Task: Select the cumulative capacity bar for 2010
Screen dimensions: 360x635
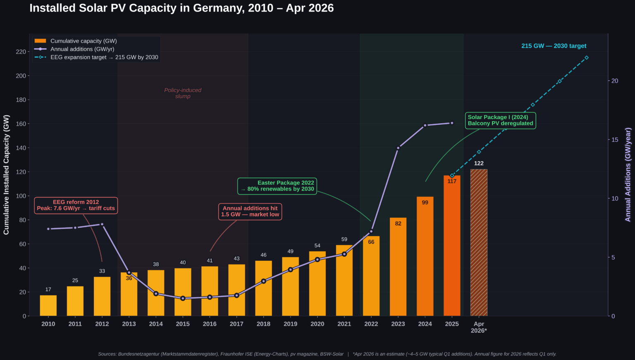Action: pos(48,305)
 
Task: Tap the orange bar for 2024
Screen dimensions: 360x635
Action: pos(425,256)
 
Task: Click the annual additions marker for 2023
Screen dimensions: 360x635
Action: pos(398,148)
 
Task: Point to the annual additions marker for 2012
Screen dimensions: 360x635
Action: pos(102,224)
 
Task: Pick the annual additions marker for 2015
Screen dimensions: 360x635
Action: pos(183,298)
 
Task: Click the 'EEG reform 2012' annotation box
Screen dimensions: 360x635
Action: pos(76,205)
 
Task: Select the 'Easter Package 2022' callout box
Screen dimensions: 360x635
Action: pos(277,186)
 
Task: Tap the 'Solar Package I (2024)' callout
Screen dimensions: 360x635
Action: pos(500,120)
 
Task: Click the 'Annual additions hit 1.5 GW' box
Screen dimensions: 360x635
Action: pos(250,212)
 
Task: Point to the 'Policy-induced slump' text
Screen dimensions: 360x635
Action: pos(183,93)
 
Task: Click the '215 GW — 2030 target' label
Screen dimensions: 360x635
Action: pos(554,46)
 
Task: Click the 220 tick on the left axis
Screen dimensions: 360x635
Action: pos(21,52)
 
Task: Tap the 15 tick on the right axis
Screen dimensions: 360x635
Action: pos(615,140)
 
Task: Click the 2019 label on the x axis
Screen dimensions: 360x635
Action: pos(290,324)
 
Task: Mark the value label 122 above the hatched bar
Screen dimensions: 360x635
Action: pos(479,163)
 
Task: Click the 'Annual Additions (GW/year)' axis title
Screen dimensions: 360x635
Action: pos(628,175)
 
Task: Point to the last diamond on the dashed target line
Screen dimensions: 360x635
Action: pos(586,58)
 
